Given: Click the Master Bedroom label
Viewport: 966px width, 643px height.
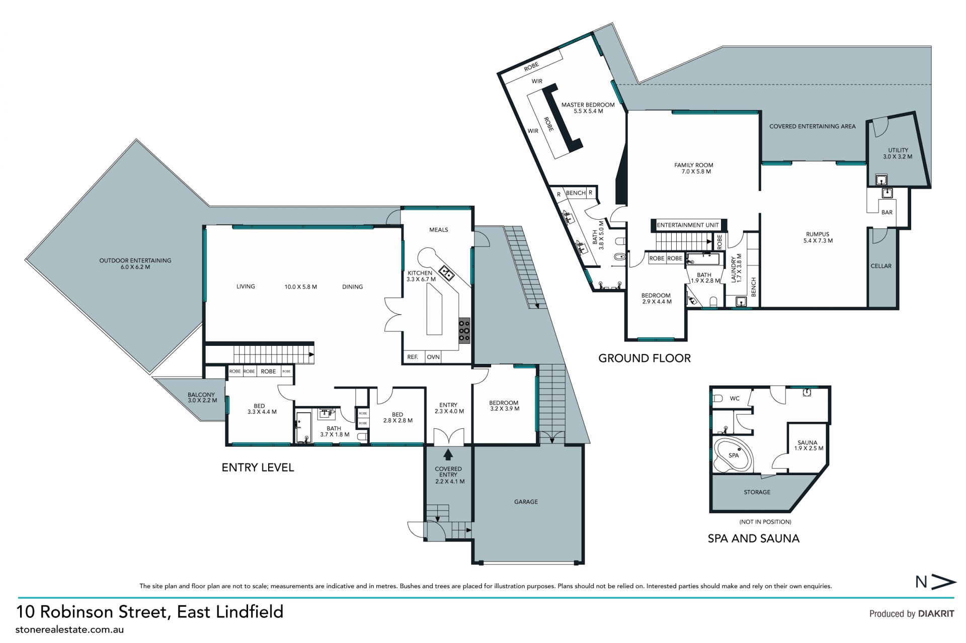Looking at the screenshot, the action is [588, 108].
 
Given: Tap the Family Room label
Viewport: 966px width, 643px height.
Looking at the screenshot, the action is [694, 168].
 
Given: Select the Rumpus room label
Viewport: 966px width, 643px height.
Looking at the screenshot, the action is [818, 237].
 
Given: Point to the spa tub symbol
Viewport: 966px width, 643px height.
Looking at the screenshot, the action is [735, 454].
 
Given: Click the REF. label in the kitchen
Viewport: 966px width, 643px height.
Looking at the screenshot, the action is [413, 357].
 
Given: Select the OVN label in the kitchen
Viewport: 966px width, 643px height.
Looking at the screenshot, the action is [433, 357].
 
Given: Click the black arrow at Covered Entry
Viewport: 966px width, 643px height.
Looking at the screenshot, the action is [448, 455].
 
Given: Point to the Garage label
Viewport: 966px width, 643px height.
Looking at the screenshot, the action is [526, 502].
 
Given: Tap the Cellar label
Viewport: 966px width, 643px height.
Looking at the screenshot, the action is [881, 266].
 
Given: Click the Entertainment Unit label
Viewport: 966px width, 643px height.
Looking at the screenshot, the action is [688, 225].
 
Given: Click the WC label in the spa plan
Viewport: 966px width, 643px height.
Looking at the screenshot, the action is [735, 398].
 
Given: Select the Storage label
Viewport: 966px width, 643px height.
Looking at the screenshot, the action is [757, 492].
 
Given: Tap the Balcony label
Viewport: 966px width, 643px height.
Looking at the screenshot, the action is [202, 398].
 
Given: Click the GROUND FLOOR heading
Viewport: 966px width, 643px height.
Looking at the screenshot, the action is [645, 358].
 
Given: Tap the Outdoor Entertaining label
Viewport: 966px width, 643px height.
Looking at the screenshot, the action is [135, 263].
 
